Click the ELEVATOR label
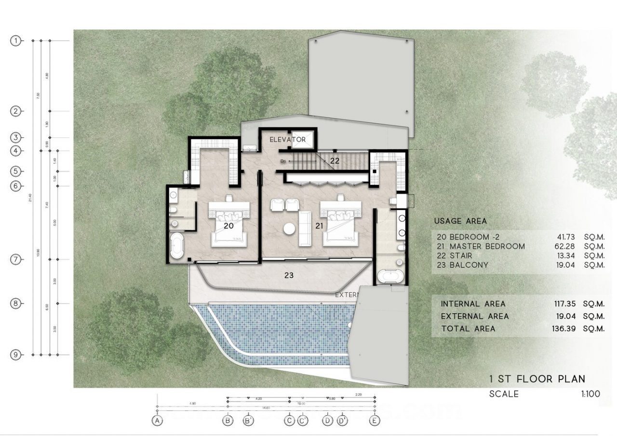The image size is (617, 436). pos(288,140)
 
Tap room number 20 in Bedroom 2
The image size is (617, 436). pos(228,225)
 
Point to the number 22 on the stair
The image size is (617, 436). pos(335,161)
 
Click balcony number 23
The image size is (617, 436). pos(289,276)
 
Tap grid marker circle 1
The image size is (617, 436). pos(16,41)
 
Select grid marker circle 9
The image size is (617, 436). pos(16,355)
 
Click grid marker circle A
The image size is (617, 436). pos(157,421)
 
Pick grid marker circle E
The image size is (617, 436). pos(375,421)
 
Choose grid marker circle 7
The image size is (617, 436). pos(16,260)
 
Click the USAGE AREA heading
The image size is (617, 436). pos(460,221)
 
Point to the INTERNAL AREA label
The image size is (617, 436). pos(473,304)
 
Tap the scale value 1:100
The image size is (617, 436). pos(590,394)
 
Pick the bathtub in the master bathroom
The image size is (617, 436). pos(390,277)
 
